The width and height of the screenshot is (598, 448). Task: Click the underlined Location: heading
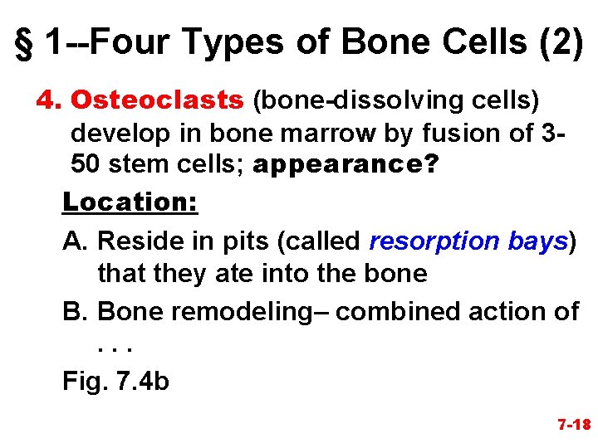coord(130,202)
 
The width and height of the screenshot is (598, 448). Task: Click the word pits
coord(248,241)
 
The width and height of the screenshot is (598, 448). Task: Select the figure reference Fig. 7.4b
coord(115,382)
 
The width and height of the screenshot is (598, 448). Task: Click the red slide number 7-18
coord(573,425)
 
